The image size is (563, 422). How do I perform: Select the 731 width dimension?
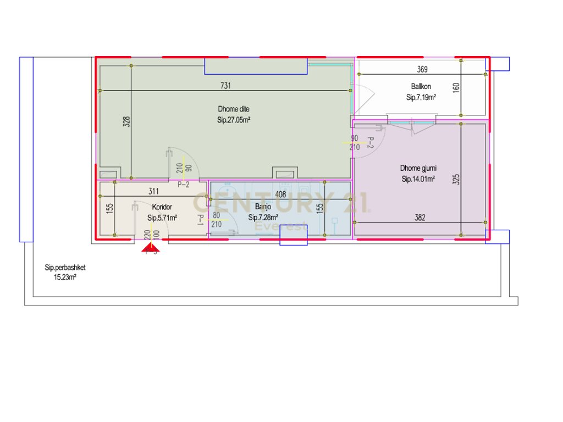(225, 85)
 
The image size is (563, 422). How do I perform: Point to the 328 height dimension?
(126, 122)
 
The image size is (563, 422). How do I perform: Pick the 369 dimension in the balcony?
(422, 69)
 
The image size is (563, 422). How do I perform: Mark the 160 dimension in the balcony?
(456, 88)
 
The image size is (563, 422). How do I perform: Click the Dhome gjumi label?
(418, 168)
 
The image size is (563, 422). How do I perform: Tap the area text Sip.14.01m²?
(418, 179)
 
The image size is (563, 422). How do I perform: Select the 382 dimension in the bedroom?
(420, 218)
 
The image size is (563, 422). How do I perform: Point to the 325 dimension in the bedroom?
(456, 179)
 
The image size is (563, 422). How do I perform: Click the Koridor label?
(162, 207)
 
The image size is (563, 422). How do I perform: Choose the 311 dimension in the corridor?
(154, 192)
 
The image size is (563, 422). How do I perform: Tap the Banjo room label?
(263, 207)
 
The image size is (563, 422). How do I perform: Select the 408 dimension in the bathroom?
(280, 194)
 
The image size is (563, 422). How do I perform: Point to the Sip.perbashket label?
(65, 268)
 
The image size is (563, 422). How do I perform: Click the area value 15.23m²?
(65, 277)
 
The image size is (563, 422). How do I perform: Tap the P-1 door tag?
(201, 220)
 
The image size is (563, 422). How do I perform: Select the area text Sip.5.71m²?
(162, 218)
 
